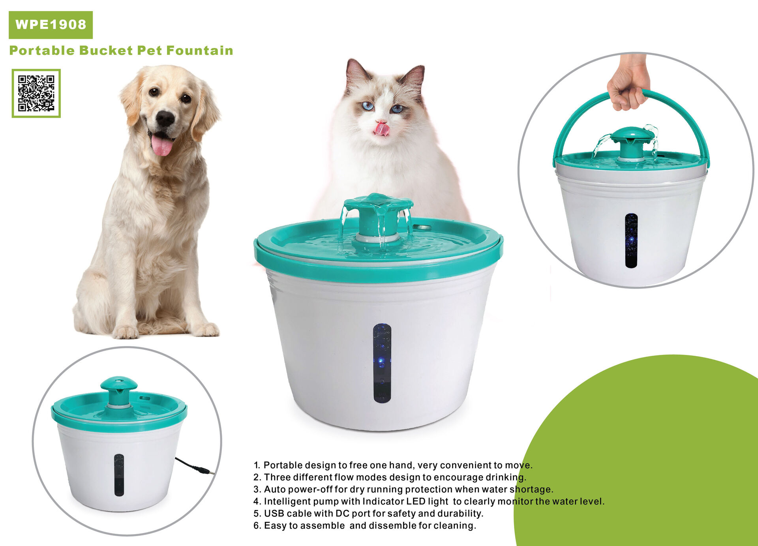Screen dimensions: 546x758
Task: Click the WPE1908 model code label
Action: point(51,25)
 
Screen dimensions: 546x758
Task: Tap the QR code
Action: point(36,93)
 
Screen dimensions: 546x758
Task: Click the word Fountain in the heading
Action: point(200,51)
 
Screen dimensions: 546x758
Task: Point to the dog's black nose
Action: point(165,118)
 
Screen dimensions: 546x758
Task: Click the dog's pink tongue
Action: point(162,145)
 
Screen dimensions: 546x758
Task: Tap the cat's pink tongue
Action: point(381,129)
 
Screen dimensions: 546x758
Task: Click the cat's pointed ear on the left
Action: point(356,73)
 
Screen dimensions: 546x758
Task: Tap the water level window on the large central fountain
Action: point(382,363)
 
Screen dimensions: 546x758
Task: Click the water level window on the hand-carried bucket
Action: point(631,240)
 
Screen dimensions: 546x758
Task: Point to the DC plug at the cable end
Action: point(206,471)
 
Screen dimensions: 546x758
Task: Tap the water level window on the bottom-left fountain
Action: point(119,475)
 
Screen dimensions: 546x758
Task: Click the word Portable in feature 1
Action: point(283,465)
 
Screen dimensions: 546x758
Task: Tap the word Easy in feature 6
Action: point(275,526)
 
